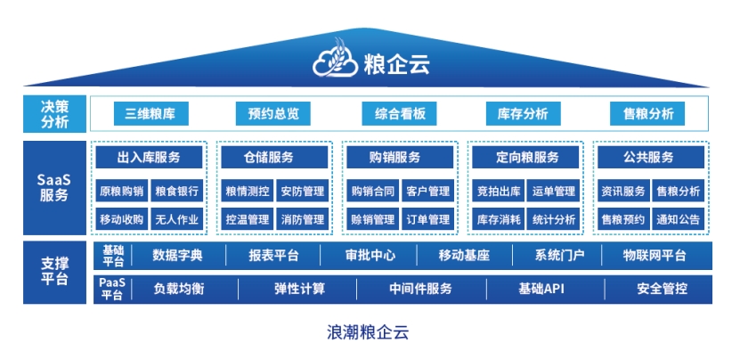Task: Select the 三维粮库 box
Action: [x=151, y=113]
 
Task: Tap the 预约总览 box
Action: [x=272, y=113]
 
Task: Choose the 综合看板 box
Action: [x=399, y=113]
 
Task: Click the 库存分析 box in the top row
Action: [x=524, y=113]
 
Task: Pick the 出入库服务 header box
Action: [x=149, y=157]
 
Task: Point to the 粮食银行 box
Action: [x=177, y=191]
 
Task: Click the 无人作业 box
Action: [x=177, y=219]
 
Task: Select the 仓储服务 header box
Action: [x=274, y=157]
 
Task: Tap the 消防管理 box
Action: [x=303, y=219]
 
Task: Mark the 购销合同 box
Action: [x=373, y=191]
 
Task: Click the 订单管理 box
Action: [x=428, y=219]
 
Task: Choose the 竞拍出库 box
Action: [x=499, y=191]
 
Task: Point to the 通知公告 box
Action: [x=679, y=219]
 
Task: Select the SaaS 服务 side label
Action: [x=54, y=187]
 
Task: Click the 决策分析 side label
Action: [x=54, y=114]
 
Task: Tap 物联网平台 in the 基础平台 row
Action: [x=655, y=256]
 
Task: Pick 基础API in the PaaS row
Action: [x=541, y=289]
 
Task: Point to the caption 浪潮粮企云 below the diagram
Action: [x=368, y=332]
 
